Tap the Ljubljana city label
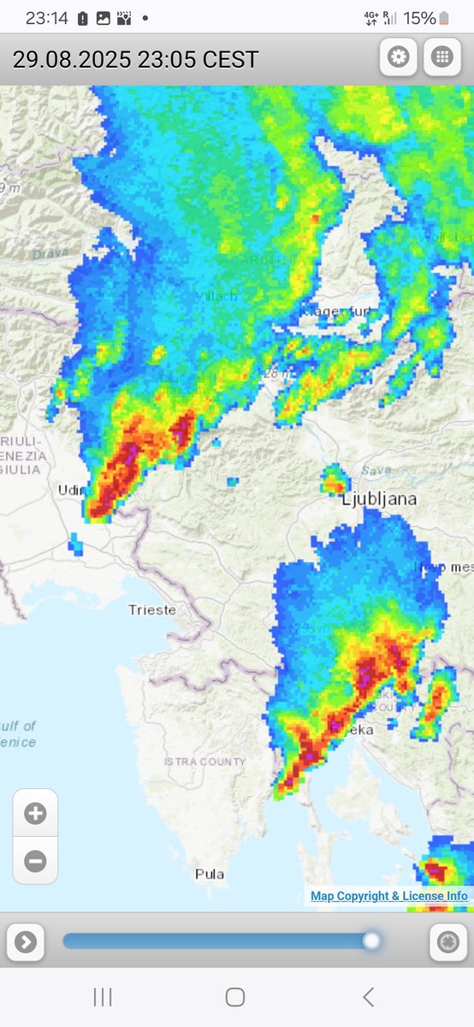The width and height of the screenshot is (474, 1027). point(380,500)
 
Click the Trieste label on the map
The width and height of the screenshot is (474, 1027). point(152,610)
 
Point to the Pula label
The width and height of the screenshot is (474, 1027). point(210,874)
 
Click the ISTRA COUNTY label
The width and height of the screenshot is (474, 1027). point(204,762)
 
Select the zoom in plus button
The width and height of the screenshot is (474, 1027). point(35,813)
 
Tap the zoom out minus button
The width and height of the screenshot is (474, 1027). point(35,860)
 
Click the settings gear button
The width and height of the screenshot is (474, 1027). point(399,57)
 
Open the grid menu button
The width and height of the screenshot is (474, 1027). point(441,57)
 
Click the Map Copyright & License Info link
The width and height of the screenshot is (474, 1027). point(388,896)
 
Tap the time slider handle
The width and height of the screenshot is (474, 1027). point(371,941)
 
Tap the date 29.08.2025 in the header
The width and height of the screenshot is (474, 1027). point(71,59)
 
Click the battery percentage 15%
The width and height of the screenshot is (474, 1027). point(419,18)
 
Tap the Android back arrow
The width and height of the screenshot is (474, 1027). point(368,996)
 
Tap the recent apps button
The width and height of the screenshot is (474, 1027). point(103,996)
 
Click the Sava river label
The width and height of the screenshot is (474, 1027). point(376,471)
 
